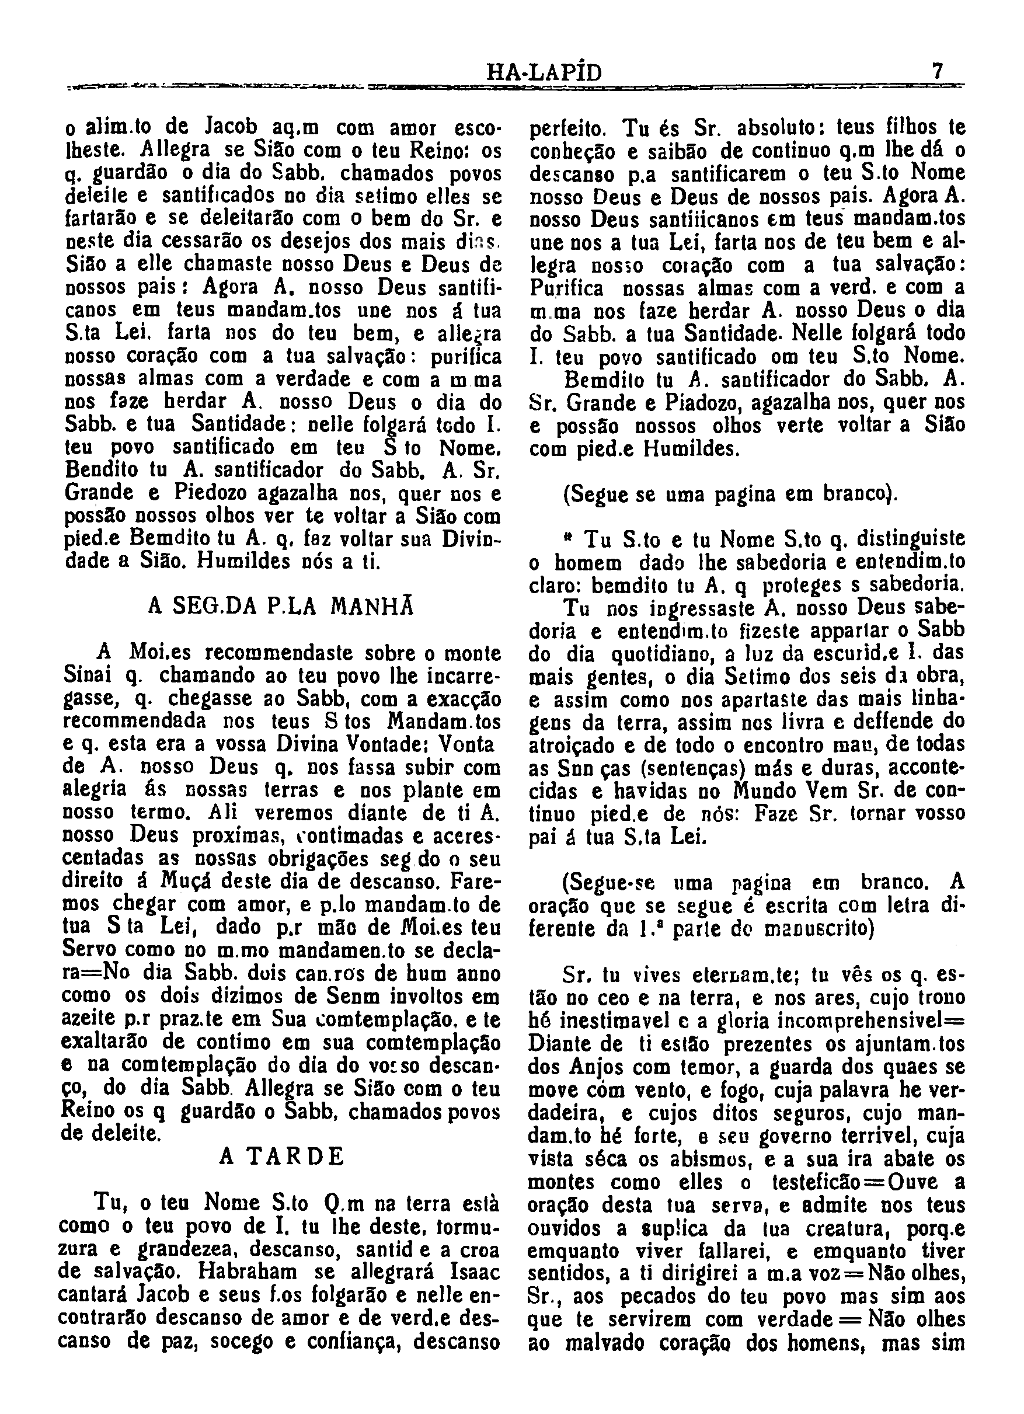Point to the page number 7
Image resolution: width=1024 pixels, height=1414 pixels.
tap(936, 71)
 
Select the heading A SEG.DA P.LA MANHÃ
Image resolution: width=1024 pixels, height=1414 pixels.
tap(281, 606)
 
